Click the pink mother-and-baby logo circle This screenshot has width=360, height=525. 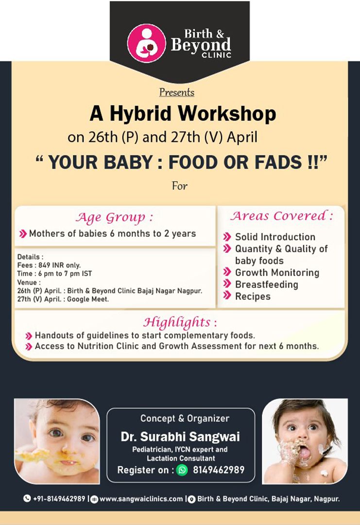[147, 43]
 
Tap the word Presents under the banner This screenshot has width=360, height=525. [177, 92]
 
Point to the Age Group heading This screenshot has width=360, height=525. [115, 218]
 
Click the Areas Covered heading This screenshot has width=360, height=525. [281, 216]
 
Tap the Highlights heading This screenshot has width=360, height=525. [180, 322]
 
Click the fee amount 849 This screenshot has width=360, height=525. [45, 265]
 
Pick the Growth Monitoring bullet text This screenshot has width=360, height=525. [277, 273]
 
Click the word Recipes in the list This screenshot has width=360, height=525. [253, 297]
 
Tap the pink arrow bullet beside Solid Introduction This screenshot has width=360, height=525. [227, 237]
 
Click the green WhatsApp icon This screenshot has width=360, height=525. [182, 470]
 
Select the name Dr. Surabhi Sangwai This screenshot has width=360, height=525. [180, 437]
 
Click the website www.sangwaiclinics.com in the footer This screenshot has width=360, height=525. [141, 499]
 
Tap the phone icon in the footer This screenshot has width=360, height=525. [27, 499]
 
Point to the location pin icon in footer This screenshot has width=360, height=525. [192, 499]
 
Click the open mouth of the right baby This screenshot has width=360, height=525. [305, 452]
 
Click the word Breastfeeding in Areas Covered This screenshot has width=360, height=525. [266, 284]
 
